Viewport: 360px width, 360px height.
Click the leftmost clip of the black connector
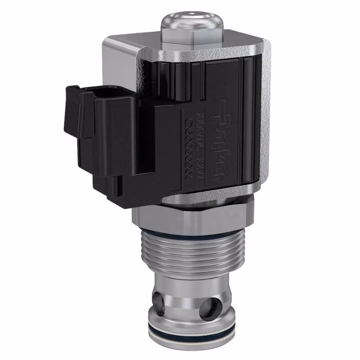click(x=72, y=112)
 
